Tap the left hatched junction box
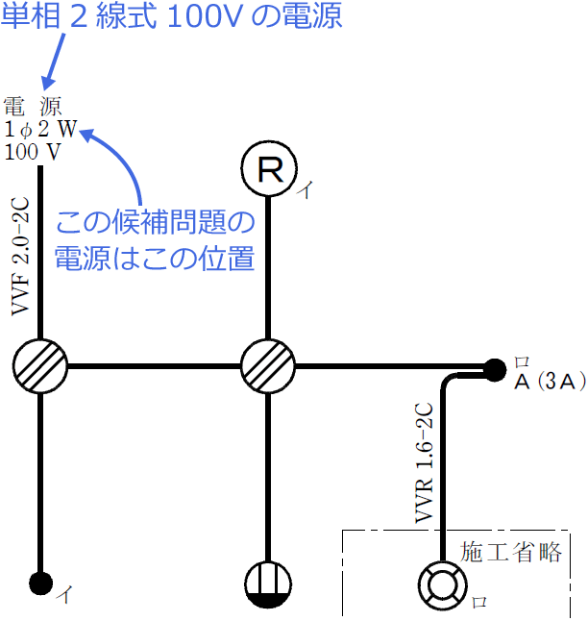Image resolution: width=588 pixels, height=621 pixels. click(x=40, y=366)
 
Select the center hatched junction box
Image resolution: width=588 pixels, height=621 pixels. click(x=267, y=366)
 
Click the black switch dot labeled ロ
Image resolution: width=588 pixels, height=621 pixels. click(x=494, y=368)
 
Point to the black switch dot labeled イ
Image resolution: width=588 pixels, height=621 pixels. click(x=39, y=582)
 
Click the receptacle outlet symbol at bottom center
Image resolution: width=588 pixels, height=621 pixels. click(x=267, y=583)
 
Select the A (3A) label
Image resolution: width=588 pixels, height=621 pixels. click(x=550, y=382)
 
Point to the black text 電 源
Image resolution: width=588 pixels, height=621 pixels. click(x=34, y=107)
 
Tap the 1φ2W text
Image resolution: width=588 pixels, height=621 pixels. click(x=39, y=130)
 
